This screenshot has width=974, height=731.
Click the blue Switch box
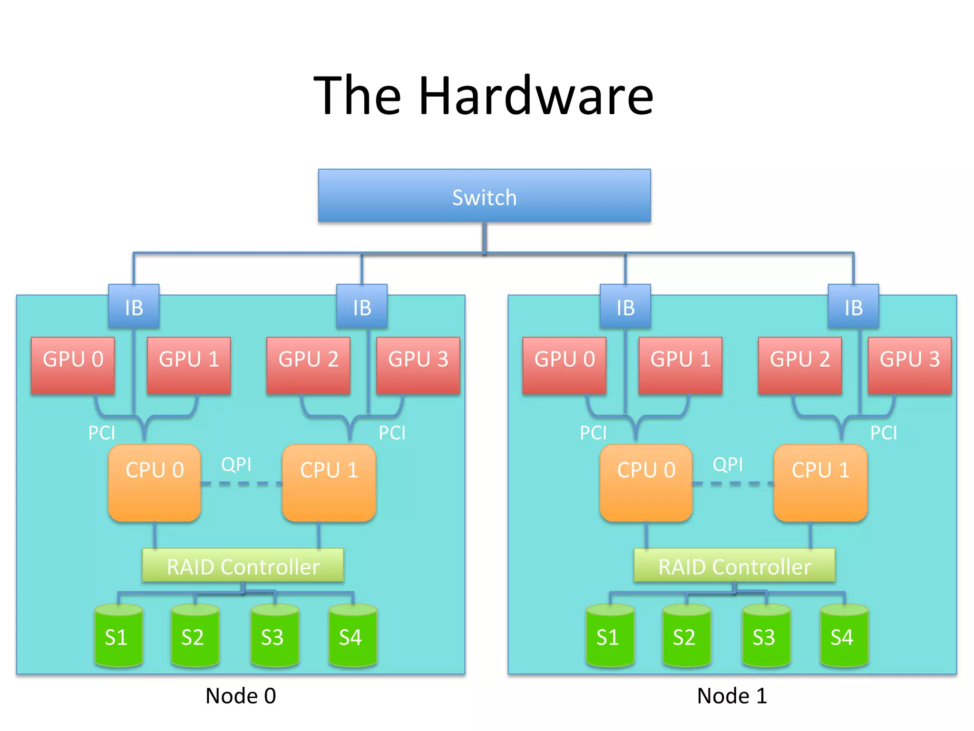tap(484, 196)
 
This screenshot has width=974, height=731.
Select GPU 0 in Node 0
tap(73, 365)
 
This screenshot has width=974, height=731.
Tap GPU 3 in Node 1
tap(909, 365)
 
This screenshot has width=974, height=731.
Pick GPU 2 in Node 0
tap(308, 365)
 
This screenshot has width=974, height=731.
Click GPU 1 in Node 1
tap(680, 365)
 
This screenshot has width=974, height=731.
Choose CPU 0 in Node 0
tap(155, 483)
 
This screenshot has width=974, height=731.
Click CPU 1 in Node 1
tap(820, 483)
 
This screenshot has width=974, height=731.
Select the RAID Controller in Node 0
tap(243, 566)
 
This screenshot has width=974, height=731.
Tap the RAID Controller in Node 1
tap(734, 566)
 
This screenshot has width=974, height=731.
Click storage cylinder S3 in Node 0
tap(274, 636)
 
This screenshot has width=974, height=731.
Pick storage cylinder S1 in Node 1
tap(610, 636)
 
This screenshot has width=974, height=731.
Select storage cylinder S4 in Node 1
tap(844, 636)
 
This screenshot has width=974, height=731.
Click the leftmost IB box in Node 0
tap(134, 307)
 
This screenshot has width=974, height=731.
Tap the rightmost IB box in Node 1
tap(853, 307)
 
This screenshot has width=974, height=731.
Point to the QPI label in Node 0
tap(236, 464)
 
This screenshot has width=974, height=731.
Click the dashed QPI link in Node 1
tap(732, 484)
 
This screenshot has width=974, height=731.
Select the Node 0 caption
tap(241, 696)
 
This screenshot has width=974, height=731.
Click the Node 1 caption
tap(732, 696)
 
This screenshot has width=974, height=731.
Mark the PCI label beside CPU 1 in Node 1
tap(884, 433)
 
